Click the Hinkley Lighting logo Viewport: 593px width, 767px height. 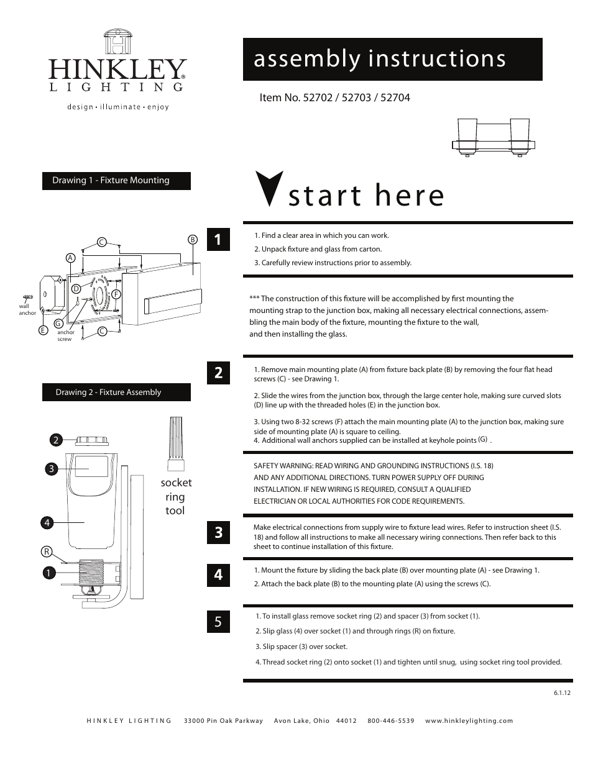(117, 68)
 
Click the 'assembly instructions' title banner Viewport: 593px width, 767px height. (392, 59)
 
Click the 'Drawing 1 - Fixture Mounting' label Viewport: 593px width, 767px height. (116, 181)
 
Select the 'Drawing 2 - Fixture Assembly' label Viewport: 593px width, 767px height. (116, 393)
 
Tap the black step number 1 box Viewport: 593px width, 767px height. (218, 240)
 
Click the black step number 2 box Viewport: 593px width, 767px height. (218, 373)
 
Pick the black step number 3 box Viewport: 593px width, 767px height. (218, 533)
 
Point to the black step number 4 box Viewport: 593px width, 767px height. (218, 575)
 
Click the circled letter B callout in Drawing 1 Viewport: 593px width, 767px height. (193, 240)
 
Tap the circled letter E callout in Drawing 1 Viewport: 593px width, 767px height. (44, 330)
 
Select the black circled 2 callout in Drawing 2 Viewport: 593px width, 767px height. (56, 440)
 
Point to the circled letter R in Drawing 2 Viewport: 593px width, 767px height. (47, 551)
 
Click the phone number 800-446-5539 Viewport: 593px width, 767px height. (390, 721)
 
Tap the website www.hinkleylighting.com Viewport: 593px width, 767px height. (469, 721)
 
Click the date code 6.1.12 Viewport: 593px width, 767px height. (561, 693)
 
